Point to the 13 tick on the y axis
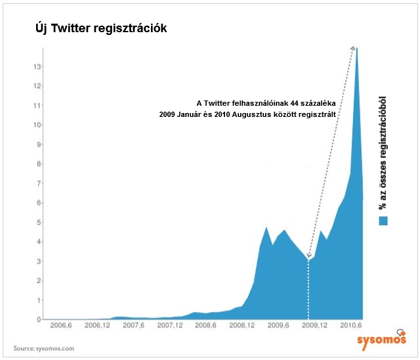(38, 66)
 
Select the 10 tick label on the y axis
(38, 125)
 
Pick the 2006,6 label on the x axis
(60, 325)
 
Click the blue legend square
(383, 221)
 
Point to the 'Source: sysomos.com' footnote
(45, 348)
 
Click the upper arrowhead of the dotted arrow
(354, 49)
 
